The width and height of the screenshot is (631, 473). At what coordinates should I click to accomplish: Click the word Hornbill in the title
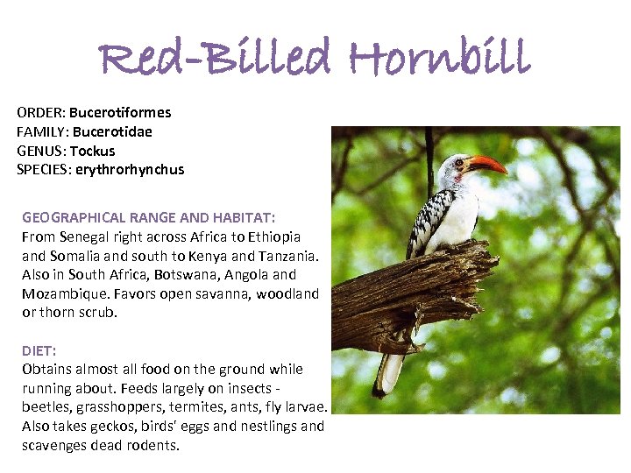pyautogui.click(x=439, y=59)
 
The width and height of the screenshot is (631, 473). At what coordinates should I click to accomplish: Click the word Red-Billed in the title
pyautogui.click(x=216, y=59)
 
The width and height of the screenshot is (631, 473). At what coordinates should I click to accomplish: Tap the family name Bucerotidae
pyautogui.click(x=112, y=131)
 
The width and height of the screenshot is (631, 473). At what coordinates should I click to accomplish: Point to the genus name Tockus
pyautogui.click(x=93, y=151)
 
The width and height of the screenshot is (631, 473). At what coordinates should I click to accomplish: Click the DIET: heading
pyautogui.click(x=39, y=350)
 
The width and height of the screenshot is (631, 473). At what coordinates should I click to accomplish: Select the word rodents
pyautogui.click(x=152, y=446)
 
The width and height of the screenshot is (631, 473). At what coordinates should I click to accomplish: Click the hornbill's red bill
pyautogui.click(x=487, y=164)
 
